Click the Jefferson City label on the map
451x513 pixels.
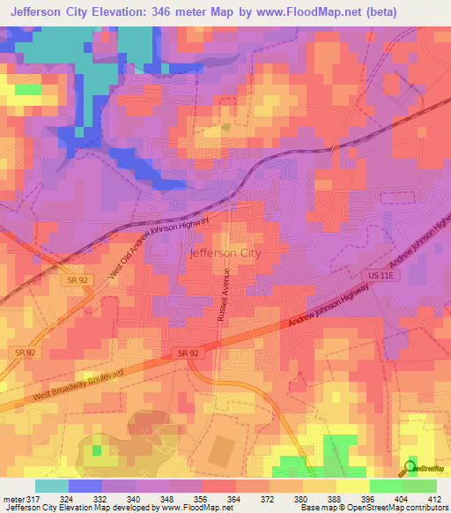(225, 253)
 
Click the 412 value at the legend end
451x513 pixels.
(434, 498)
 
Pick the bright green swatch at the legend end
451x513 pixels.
(419, 486)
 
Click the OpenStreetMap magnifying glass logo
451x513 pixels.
(410, 468)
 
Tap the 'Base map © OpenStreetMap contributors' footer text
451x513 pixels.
(373, 508)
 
